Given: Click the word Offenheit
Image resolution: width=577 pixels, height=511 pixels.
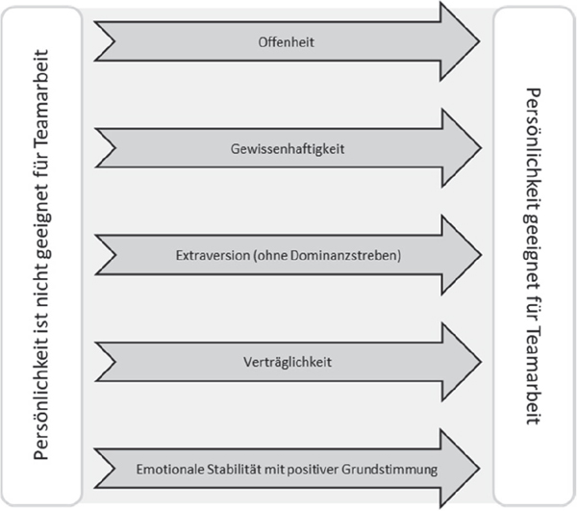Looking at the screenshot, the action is click(286, 42).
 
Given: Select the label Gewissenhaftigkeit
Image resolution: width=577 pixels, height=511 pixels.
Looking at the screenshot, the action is click(288, 149).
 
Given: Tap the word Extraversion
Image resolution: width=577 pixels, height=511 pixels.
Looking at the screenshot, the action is click(213, 255).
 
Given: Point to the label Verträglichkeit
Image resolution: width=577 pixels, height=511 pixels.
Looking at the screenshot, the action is click(288, 362).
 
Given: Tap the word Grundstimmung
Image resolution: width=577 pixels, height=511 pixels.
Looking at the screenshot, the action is click(389, 470).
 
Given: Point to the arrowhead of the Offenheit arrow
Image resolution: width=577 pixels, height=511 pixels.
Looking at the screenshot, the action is click(460, 41).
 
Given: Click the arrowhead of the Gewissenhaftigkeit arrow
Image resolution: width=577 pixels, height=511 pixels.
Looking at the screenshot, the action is click(462, 148).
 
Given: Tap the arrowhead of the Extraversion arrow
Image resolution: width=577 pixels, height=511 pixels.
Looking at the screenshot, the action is click(462, 255).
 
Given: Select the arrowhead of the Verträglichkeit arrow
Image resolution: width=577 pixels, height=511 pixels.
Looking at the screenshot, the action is click(462, 362).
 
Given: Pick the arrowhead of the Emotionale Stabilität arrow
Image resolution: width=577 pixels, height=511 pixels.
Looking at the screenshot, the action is click(460, 469).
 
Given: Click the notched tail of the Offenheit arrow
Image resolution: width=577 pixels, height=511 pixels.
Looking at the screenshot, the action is click(105, 41).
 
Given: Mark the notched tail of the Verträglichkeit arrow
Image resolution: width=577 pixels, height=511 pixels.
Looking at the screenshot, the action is click(106, 362).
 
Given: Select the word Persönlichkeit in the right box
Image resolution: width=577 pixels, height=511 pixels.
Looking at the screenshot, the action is click(533, 148).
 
